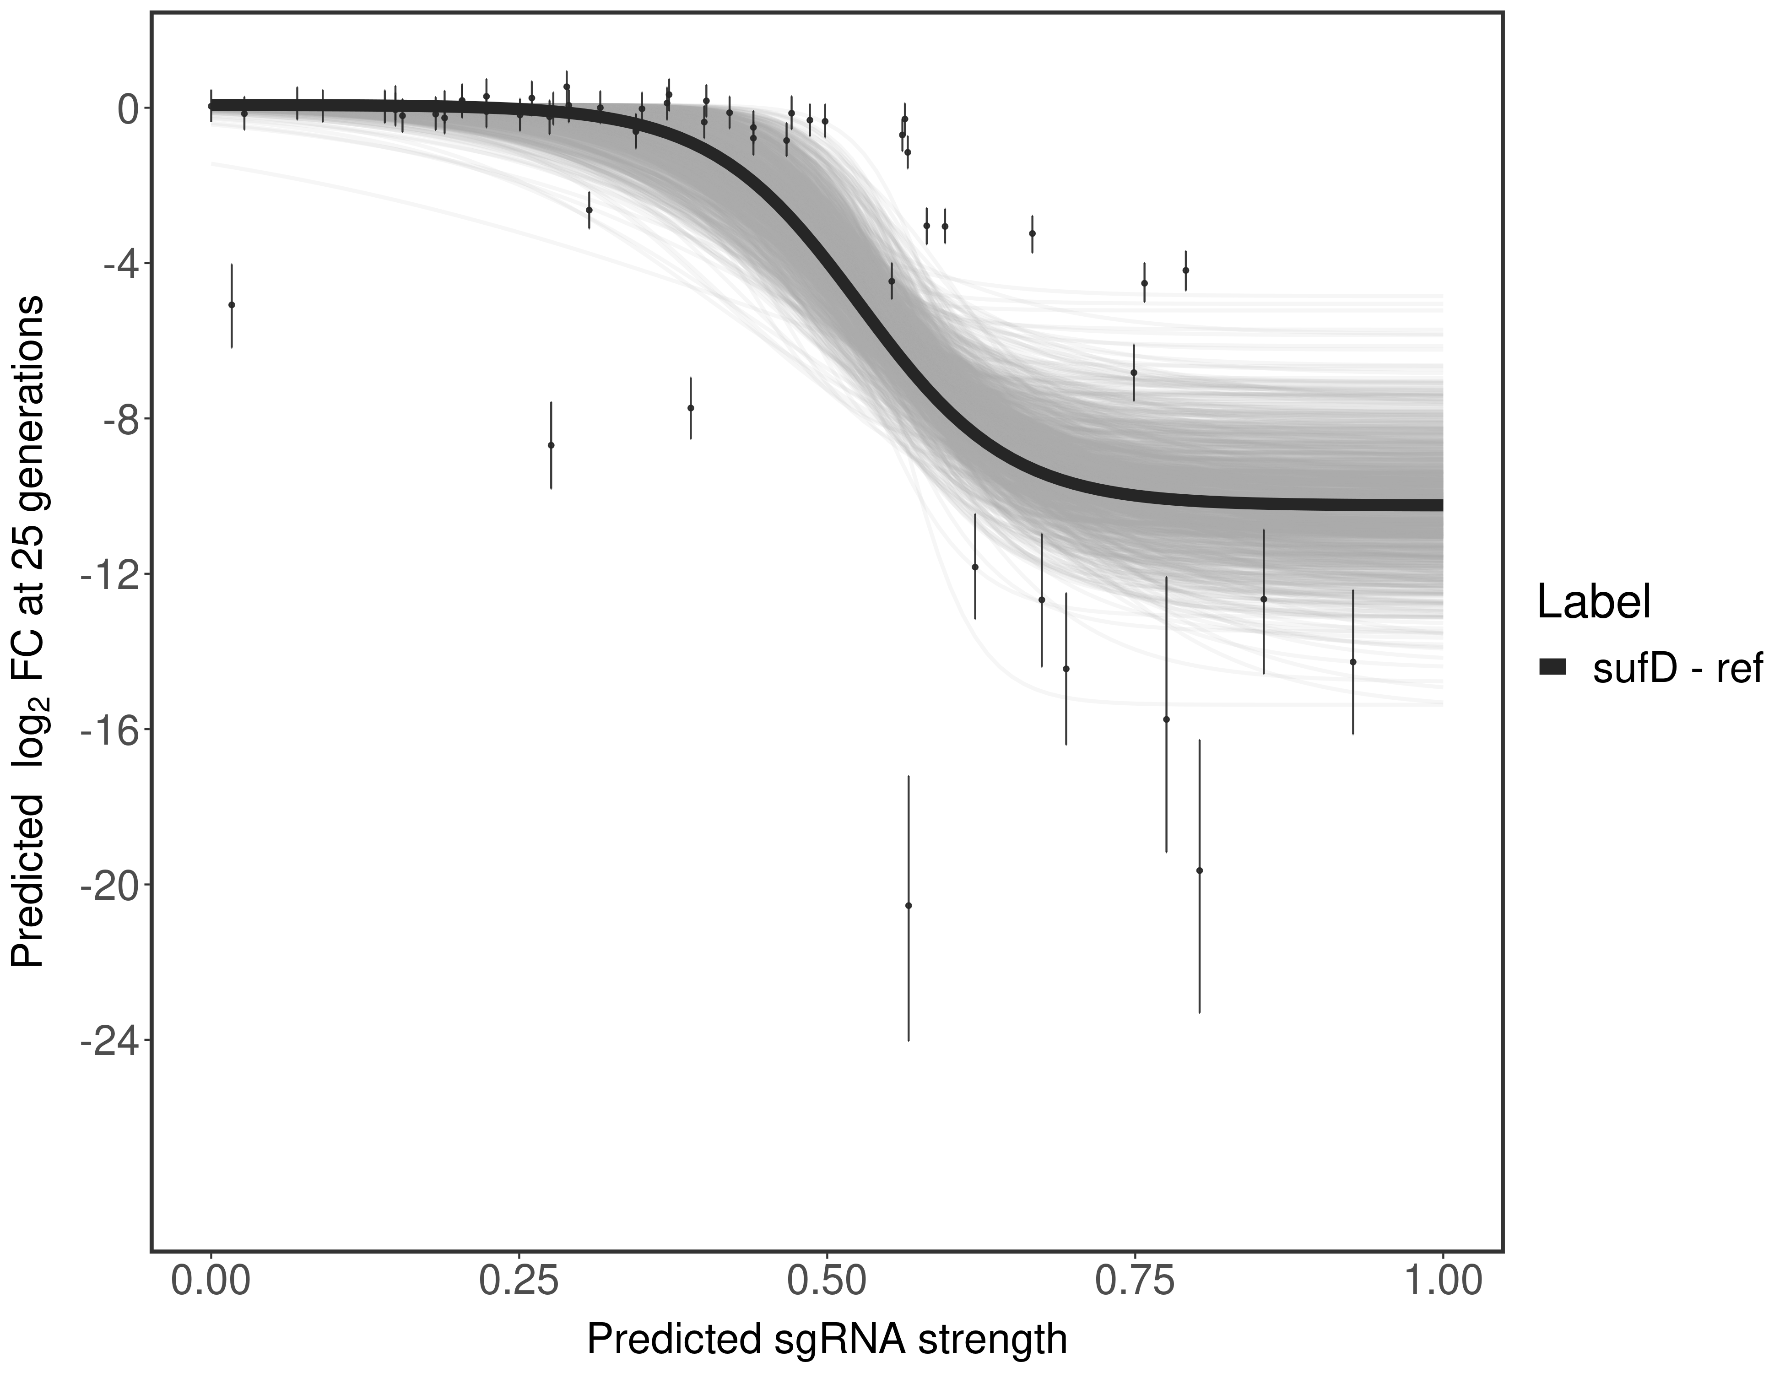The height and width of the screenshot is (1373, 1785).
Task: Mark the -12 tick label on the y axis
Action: tap(107, 574)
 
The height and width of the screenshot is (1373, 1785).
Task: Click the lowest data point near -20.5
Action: tap(908, 906)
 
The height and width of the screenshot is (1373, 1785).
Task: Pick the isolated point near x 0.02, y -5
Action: tap(231, 305)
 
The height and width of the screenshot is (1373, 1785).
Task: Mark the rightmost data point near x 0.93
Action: tap(1352, 662)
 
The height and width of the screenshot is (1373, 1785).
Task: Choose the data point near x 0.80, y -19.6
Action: tap(1199, 870)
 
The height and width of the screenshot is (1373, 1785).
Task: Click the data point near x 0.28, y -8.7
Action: tap(551, 445)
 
